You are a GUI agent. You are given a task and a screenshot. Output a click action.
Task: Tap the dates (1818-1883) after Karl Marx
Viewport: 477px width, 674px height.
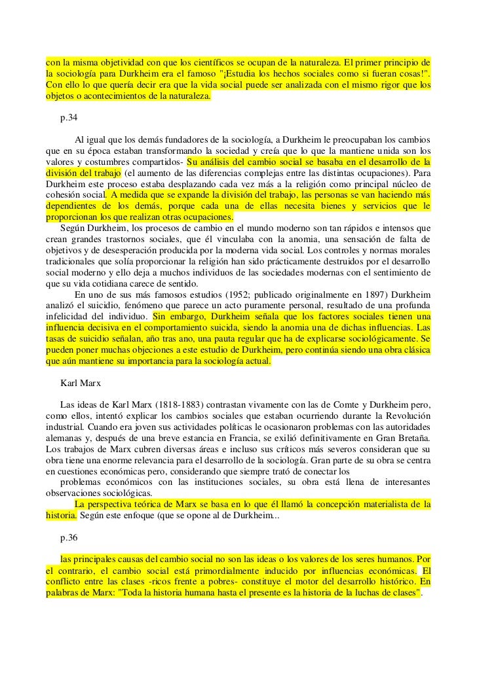pos(190,404)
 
